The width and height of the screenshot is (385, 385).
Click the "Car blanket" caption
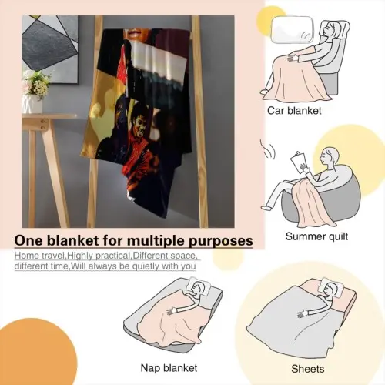(294, 111)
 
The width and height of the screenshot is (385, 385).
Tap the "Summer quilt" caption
(316, 236)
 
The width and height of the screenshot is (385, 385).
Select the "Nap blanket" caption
(169, 368)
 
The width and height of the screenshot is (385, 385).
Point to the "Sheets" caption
(308, 369)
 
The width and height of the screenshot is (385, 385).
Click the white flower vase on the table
(32, 104)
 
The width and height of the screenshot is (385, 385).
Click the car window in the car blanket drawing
(293, 30)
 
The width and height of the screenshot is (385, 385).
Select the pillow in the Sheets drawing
(333, 287)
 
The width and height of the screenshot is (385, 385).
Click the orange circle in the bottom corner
(36, 352)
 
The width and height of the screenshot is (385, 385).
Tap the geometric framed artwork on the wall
(50, 49)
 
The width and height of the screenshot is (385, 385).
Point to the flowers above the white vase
(36, 83)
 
